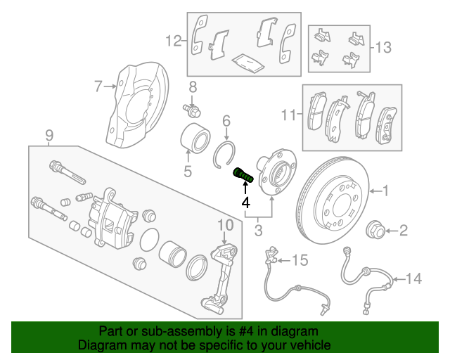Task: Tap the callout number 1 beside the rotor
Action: pos(385,190)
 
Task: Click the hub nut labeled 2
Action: pos(377,229)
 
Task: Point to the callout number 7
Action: pos(98,86)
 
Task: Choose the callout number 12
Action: pos(174,41)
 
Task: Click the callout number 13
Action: pos(383,48)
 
